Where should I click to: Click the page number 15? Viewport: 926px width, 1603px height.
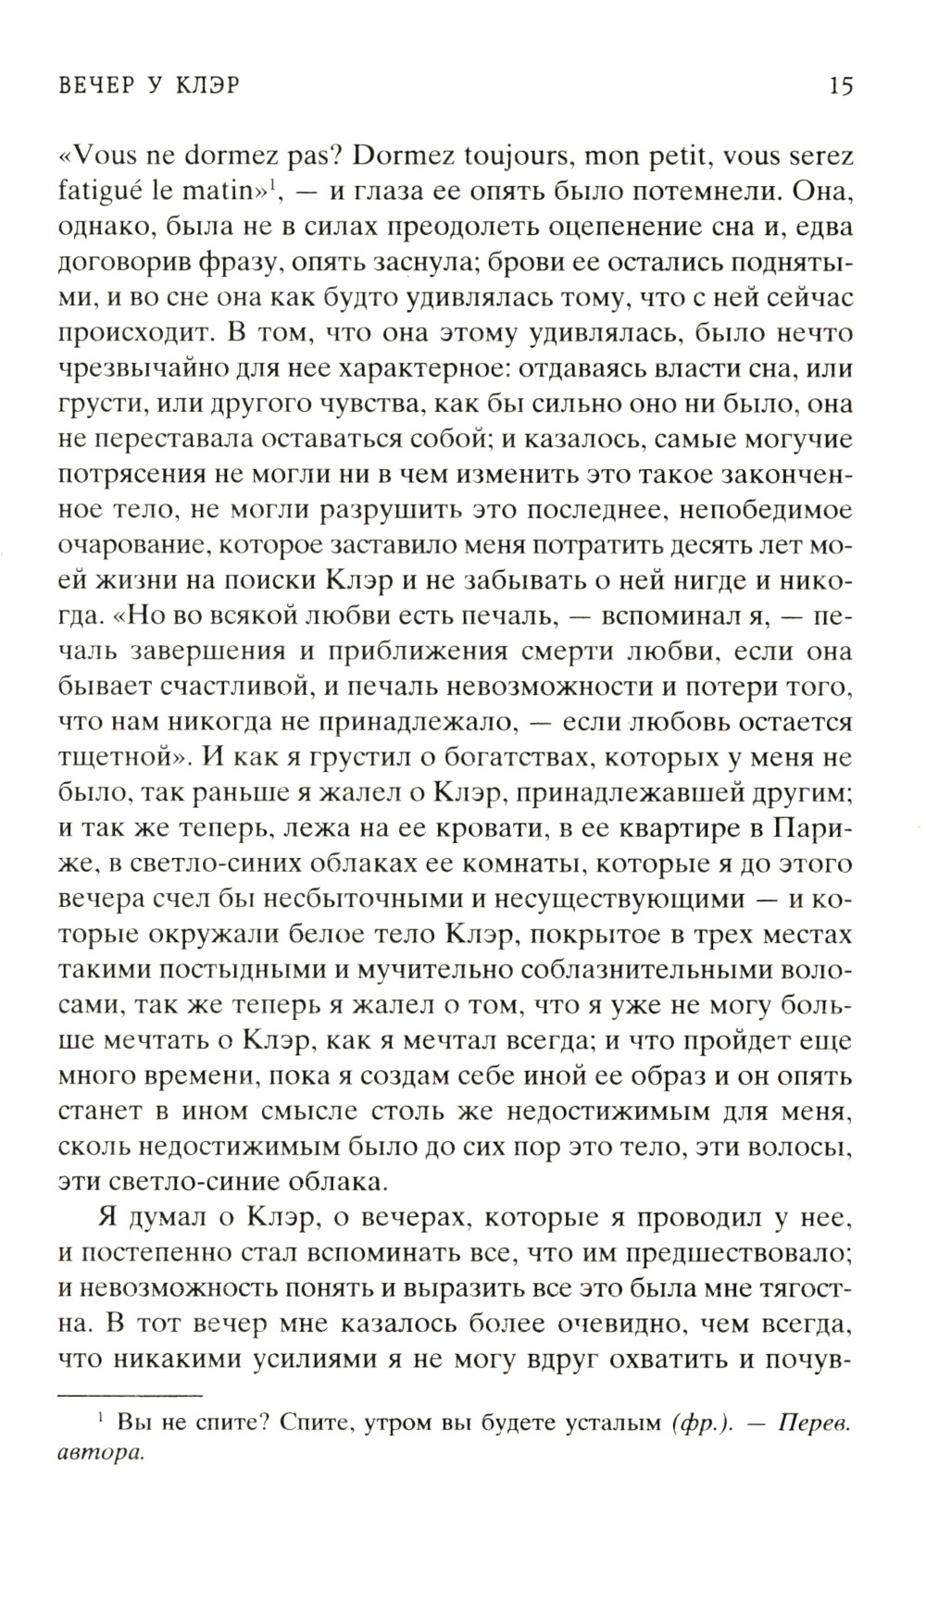[x=841, y=87]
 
